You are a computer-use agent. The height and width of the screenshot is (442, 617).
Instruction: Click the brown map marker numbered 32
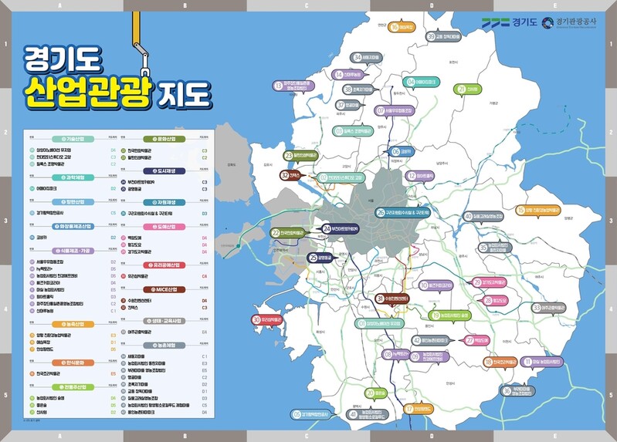pyautogui.click(x=285, y=175)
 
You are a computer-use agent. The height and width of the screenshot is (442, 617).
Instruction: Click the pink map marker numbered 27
pyautogui.click(x=470, y=339)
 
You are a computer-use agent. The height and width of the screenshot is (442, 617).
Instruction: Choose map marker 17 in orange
pyautogui.click(x=409, y=408)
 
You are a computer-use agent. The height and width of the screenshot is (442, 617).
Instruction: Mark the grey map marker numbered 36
pyautogui.click(x=507, y=391)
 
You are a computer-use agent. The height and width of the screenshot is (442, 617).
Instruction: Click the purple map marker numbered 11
pyautogui.click(x=528, y=361)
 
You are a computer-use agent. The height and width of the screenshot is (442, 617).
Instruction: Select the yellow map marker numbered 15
pyautogui.click(x=521, y=209)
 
